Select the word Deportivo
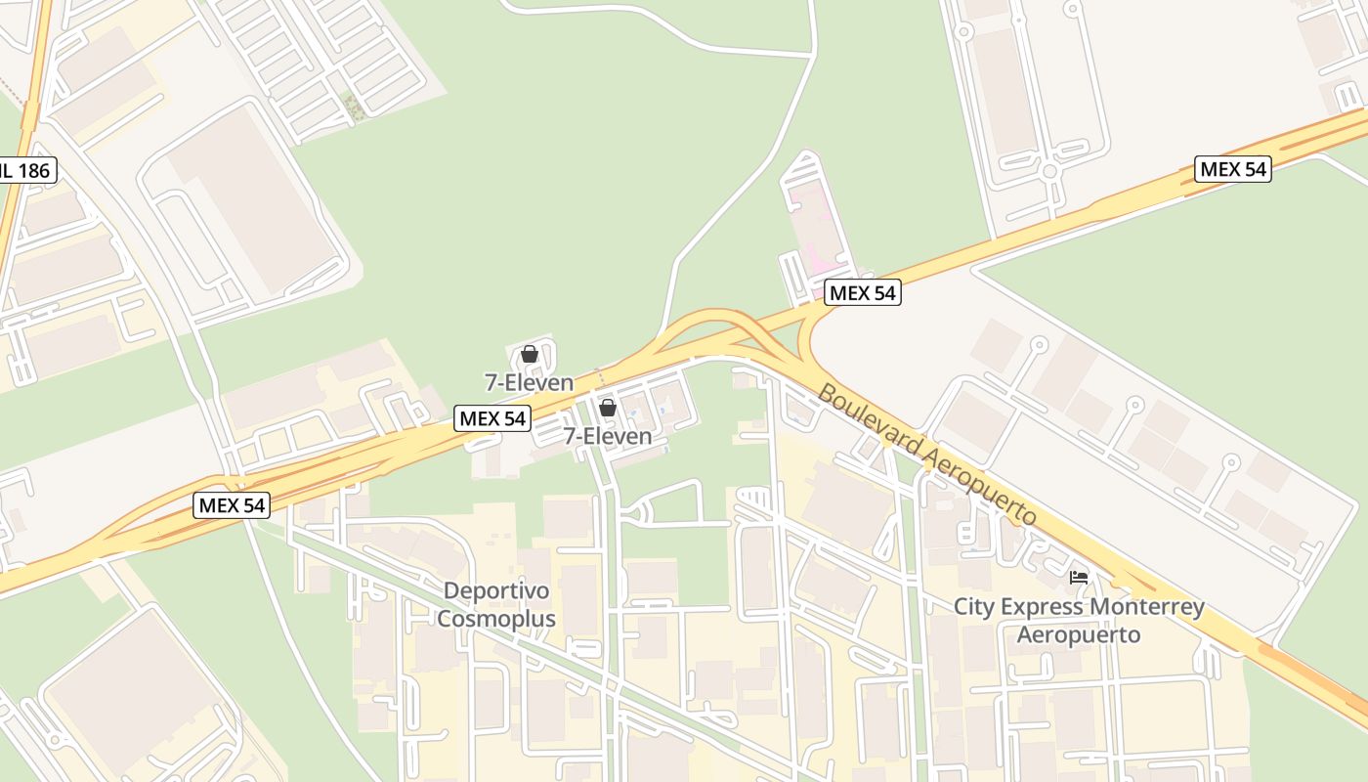pos(496,591)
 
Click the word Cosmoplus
pos(496,619)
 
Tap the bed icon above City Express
pos(1079,578)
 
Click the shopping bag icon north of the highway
pos(529,354)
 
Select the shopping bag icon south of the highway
pos(607,408)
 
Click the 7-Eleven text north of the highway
pos(529,381)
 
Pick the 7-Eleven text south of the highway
pos(607,436)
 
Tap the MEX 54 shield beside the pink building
pos(862,292)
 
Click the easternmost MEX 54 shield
pos(1233,169)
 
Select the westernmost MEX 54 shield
pos(232,505)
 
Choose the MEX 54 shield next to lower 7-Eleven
pos(493,418)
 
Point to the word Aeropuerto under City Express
pos(1079,634)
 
